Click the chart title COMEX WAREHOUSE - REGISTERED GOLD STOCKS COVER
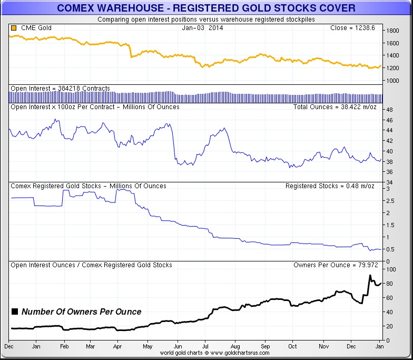coord(206,8)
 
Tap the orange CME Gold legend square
coord(13,28)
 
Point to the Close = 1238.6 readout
coord(352,28)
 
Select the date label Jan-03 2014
coord(200,28)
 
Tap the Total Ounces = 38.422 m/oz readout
coord(334,107)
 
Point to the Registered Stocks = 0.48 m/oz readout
coord(330,186)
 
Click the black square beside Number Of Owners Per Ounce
coord(15,312)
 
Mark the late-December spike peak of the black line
coord(370,276)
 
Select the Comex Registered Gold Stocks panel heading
coord(88,186)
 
